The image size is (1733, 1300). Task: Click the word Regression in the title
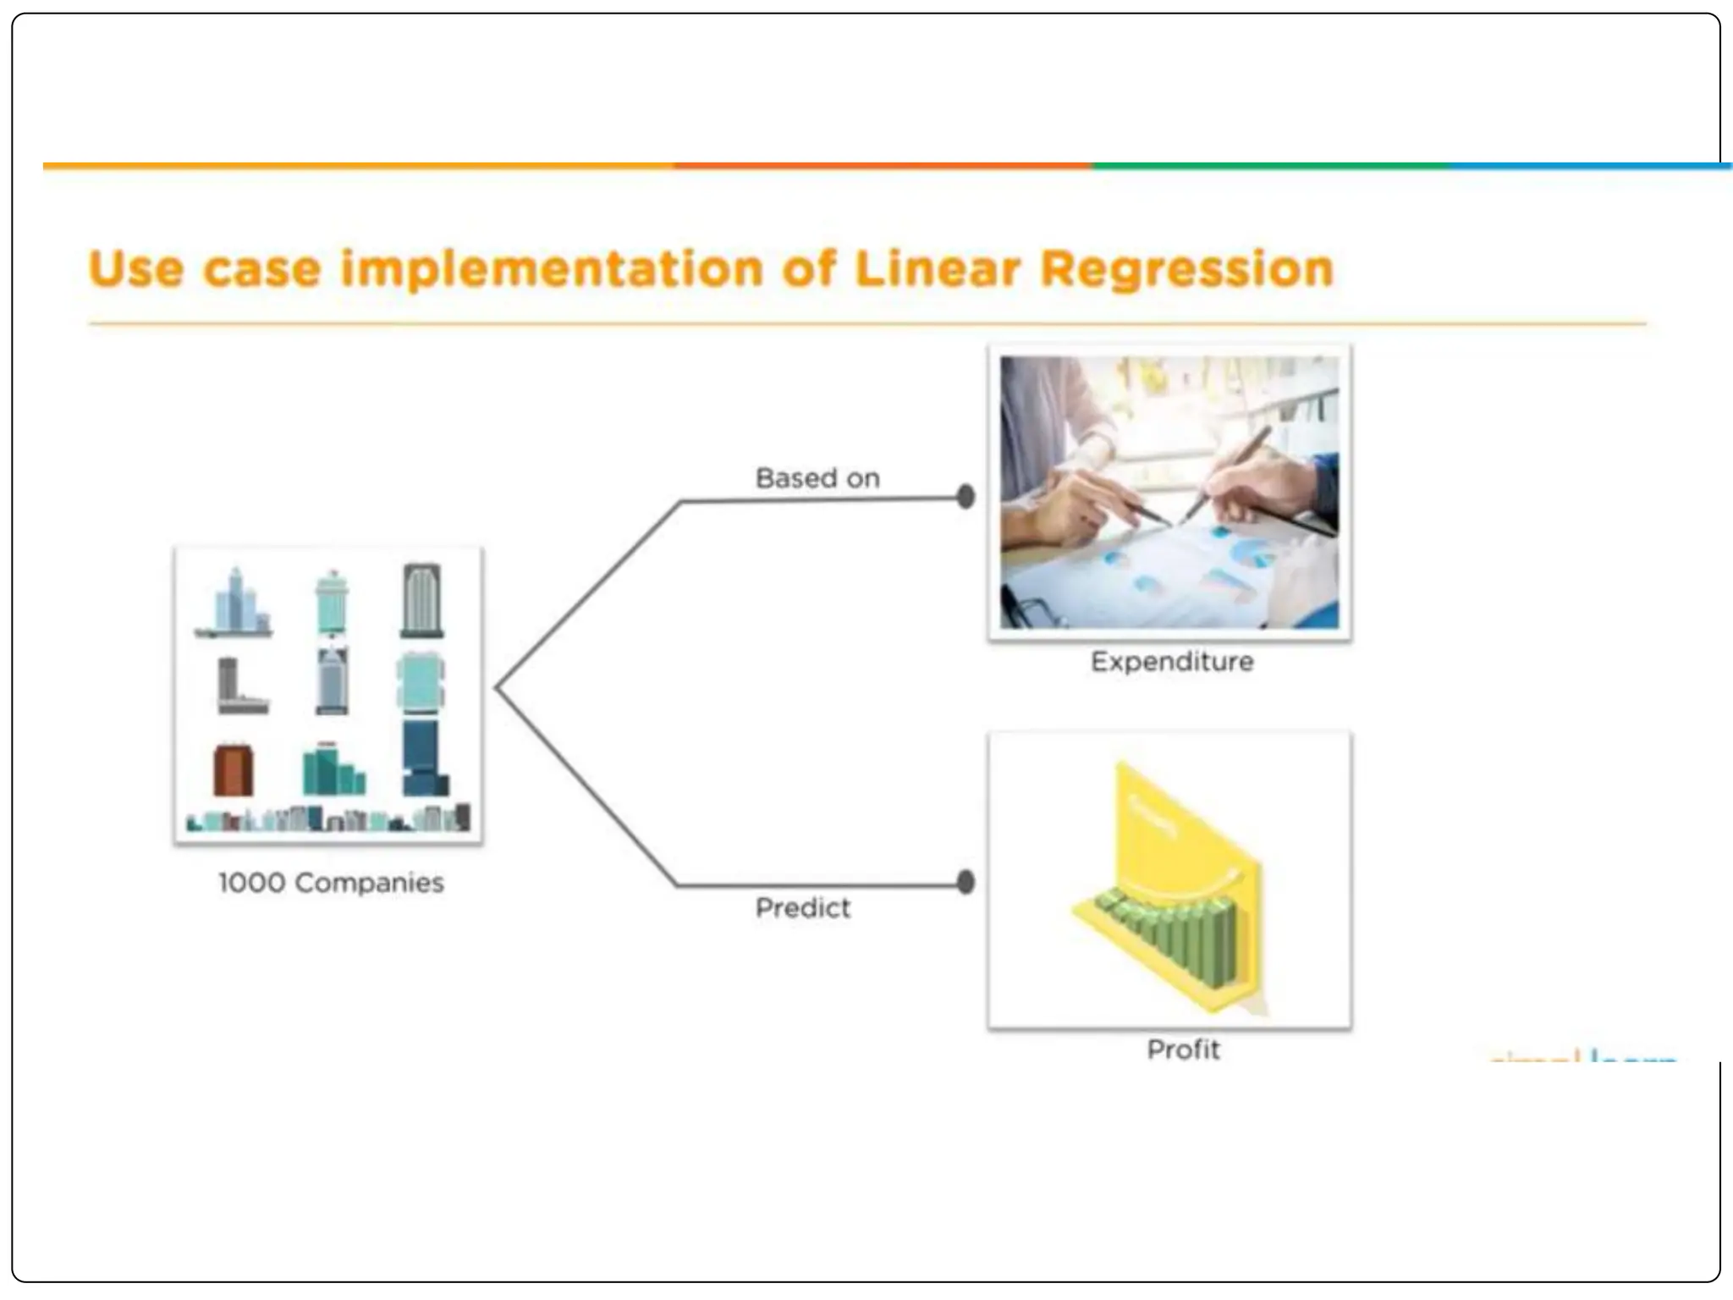click(x=1186, y=269)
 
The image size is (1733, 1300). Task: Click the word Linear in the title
click(x=938, y=269)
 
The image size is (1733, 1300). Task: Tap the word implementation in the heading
click(x=552, y=269)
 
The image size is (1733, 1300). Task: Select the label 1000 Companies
click(x=331, y=883)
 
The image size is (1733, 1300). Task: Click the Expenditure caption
click(x=1172, y=661)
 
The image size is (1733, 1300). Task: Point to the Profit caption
click(x=1183, y=1049)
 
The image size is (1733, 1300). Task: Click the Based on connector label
click(x=817, y=478)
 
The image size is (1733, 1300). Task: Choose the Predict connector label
click(x=802, y=908)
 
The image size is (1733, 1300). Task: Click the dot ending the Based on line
click(x=966, y=497)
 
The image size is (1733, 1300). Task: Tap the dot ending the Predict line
click(x=966, y=883)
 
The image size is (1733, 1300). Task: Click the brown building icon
click(x=233, y=770)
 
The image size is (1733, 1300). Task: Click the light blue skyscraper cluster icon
click(x=235, y=603)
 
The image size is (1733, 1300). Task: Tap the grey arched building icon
click(x=421, y=600)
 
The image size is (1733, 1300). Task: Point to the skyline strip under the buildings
click(x=328, y=819)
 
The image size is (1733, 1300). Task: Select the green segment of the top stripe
click(x=1269, y=166)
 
